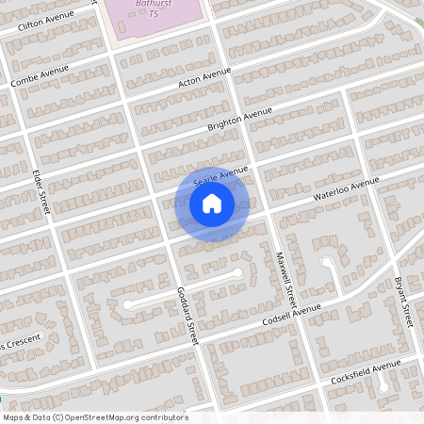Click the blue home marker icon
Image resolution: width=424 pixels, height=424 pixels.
pyautogui.click(x=212, y=204)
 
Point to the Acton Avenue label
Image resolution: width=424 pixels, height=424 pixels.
pyautogui.click(x=204, y=79)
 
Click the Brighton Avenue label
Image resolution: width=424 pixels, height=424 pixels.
pyautogui.click(x=239, y=119)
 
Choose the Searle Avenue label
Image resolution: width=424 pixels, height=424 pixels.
pyautogui.click(x=220, y=174)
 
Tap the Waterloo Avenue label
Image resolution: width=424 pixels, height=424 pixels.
pyautogui.click(x=346, y=188)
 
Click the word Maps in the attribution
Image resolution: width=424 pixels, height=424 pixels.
pyautogui.click(x=13, y=417)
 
